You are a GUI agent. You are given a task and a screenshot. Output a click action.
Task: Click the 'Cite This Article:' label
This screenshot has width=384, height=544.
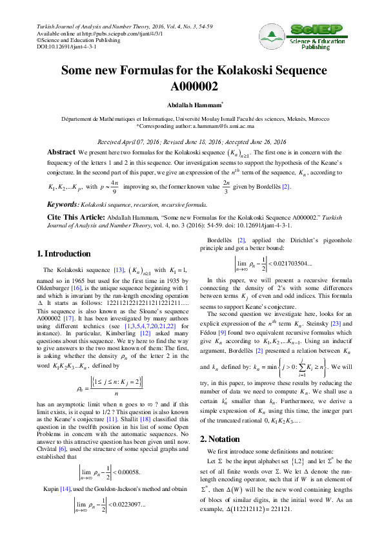[x=76, y=217]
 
